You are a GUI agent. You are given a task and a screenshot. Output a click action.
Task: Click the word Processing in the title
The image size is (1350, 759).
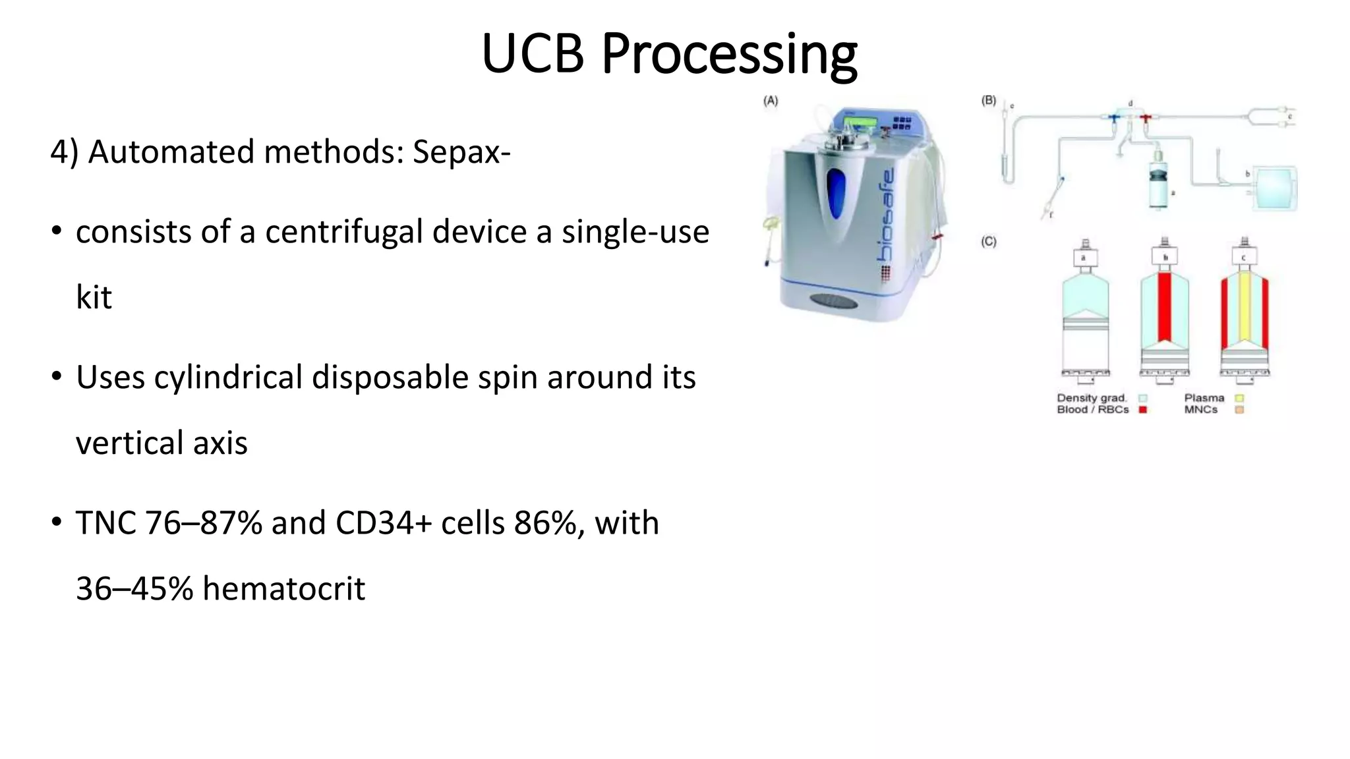coord(728,54)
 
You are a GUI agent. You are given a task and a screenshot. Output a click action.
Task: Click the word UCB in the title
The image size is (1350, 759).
coord(533,54)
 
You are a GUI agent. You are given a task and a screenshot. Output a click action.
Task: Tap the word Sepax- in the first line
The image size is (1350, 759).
coord(461,152)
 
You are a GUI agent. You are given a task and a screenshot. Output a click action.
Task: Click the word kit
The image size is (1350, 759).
coord(94,297)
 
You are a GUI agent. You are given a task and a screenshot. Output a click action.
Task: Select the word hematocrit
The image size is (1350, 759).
coord(283,588)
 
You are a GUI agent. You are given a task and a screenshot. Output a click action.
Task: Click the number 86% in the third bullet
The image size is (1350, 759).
coord(549,523)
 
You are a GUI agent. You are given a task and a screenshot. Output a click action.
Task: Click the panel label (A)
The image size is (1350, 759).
coord(770,101)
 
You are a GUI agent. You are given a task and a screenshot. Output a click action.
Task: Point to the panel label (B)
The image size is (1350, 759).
coord(988,101)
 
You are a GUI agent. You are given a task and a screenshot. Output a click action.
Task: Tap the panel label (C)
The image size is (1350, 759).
coord(988,242)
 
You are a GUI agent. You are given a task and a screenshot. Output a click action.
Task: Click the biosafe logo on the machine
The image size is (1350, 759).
coord(887,214)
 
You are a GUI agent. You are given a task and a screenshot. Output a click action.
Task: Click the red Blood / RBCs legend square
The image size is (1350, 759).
coord(1143,410)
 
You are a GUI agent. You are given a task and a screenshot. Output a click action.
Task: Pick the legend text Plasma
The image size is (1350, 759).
coord(1204,398)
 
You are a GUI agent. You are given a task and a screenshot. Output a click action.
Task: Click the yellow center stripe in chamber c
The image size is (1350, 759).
coord(1245,306)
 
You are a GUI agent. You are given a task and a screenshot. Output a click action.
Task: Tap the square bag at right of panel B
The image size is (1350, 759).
coord(1275,188)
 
